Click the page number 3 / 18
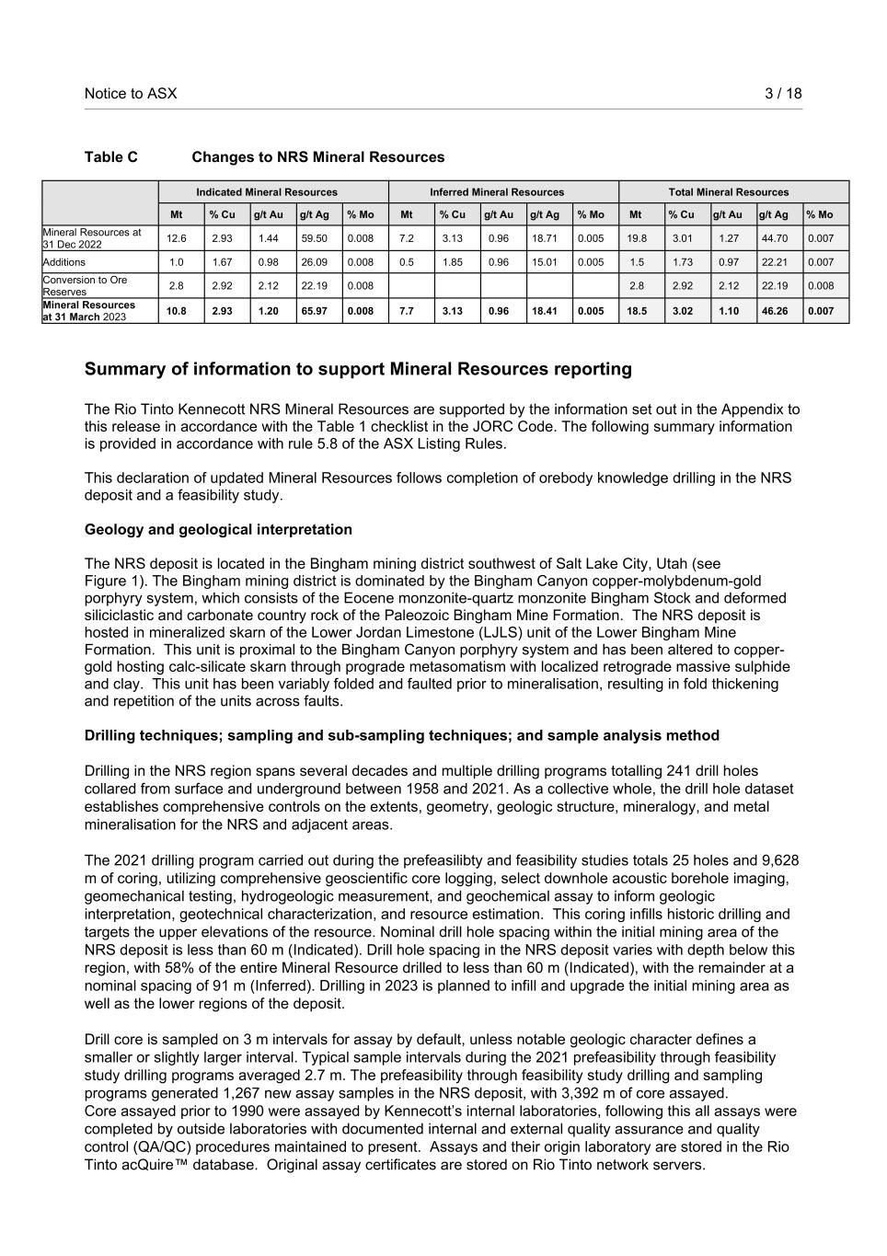point(783,93)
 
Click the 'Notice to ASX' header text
point(131,93)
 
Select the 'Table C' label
point(111,157)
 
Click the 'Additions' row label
point(64,262)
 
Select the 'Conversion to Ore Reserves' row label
point(85,285)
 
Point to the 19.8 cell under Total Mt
point(637,238)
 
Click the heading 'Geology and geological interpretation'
point(218,530)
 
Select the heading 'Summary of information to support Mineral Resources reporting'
point(358,369)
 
